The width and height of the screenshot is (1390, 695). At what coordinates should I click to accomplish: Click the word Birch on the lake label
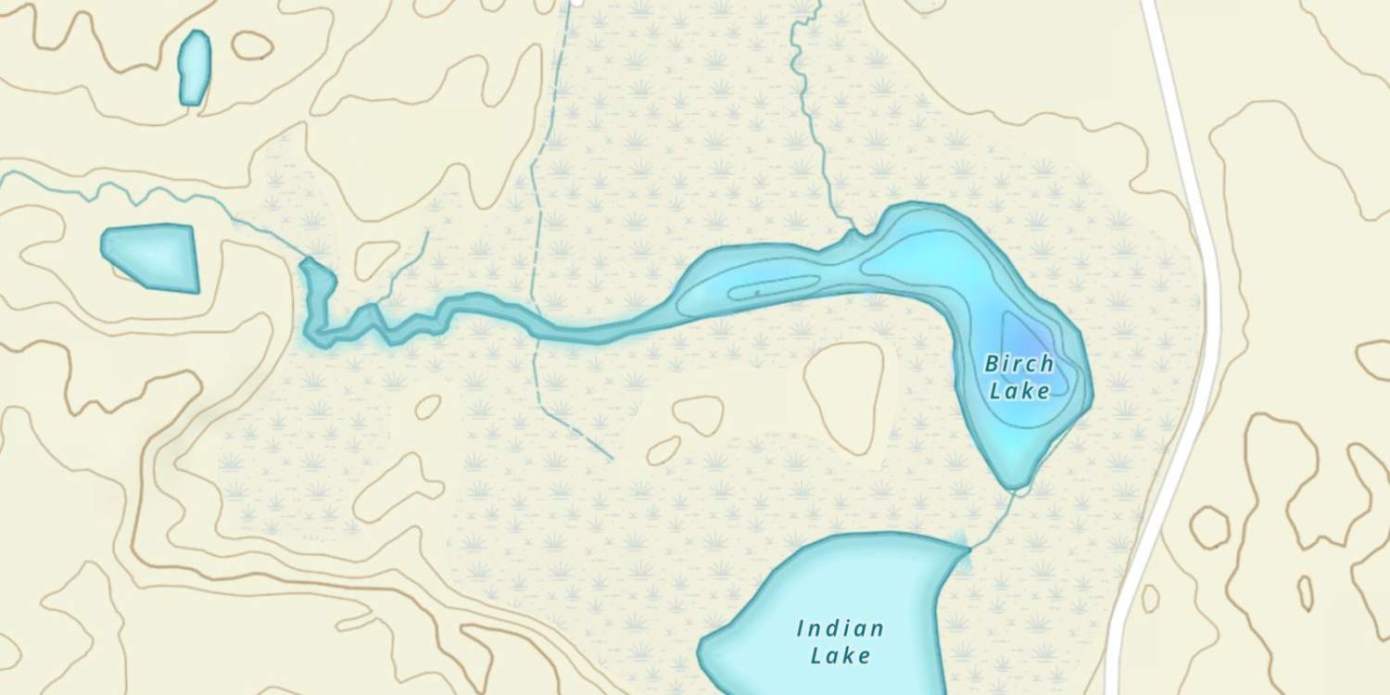(x=1018, y=363)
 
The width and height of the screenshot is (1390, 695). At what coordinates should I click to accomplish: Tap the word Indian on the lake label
(x=840, y=629)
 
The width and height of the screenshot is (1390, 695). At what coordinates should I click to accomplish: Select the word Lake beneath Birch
(x=1019, y=391)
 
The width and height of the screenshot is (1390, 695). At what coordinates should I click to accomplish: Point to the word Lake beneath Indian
(x=840, y=656)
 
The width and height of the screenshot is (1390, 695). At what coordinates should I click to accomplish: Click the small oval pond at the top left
(x=194, y=67)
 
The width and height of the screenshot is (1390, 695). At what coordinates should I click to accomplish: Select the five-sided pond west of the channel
(x=153, y=256)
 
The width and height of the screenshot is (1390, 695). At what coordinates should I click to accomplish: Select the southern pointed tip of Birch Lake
(x=1015, y=484)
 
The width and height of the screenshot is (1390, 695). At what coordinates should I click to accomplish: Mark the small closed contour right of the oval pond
(x=252, y=44)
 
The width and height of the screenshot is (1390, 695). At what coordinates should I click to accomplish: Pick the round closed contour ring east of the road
(x=1210, y=526)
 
